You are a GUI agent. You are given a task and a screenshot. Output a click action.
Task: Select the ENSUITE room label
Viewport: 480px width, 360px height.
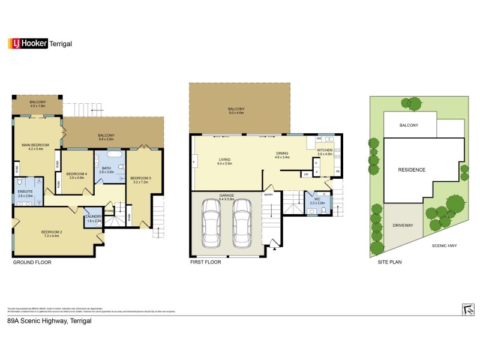pyautogui.click(x=26, y=193)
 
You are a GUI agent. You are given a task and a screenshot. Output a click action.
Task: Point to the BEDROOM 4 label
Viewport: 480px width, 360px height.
pyautogui.click(x=78, y=174)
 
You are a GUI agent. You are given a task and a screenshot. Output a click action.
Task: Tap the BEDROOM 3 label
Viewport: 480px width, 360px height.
pyautogui.click(x=140, y=178)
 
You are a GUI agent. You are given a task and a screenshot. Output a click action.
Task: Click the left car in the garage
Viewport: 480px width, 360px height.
pyautogui.click(x=212, y=223)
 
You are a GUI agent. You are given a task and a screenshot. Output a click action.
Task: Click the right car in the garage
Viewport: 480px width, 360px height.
pyautogui.click(x=242, y=223)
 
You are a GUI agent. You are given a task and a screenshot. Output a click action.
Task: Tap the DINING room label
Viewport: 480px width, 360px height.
pyautogui.click(x=283, y=154)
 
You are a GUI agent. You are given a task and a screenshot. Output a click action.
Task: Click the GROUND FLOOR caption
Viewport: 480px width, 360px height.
pyautogui.click(x=32, y=262)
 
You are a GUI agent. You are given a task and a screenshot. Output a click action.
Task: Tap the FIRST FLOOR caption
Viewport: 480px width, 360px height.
pyautogui.click(x=206, y=262)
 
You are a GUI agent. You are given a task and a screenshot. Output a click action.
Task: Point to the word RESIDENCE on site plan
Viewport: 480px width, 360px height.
pyautogui.click(x=412, y=170)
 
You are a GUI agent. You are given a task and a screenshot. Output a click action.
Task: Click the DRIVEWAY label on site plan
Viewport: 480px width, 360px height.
pyautogui.click(x=403, y=226)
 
